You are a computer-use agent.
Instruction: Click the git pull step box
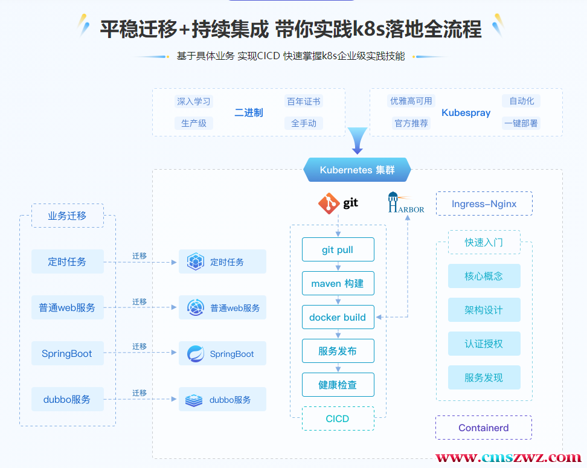338,249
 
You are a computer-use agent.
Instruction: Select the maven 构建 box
338,283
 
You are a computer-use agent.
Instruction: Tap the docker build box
338,317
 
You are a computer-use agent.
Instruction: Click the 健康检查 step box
338,385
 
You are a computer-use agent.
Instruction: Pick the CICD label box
338,418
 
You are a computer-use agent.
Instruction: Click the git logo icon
329,204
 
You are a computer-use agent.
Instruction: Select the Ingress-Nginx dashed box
484,204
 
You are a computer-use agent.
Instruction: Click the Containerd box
483,428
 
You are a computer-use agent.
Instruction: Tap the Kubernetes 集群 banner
357,170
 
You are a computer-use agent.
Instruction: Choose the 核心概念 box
484,276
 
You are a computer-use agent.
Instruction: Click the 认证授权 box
484,344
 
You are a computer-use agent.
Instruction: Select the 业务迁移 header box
67,216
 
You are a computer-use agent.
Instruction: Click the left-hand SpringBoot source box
67,353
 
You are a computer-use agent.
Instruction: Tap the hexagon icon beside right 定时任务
195,261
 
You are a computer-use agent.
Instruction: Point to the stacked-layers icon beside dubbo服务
194,400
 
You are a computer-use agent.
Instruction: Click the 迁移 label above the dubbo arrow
140,393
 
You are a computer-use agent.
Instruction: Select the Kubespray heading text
466,113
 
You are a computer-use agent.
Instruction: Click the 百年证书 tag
304,101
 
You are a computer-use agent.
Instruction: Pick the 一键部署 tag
521,123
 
